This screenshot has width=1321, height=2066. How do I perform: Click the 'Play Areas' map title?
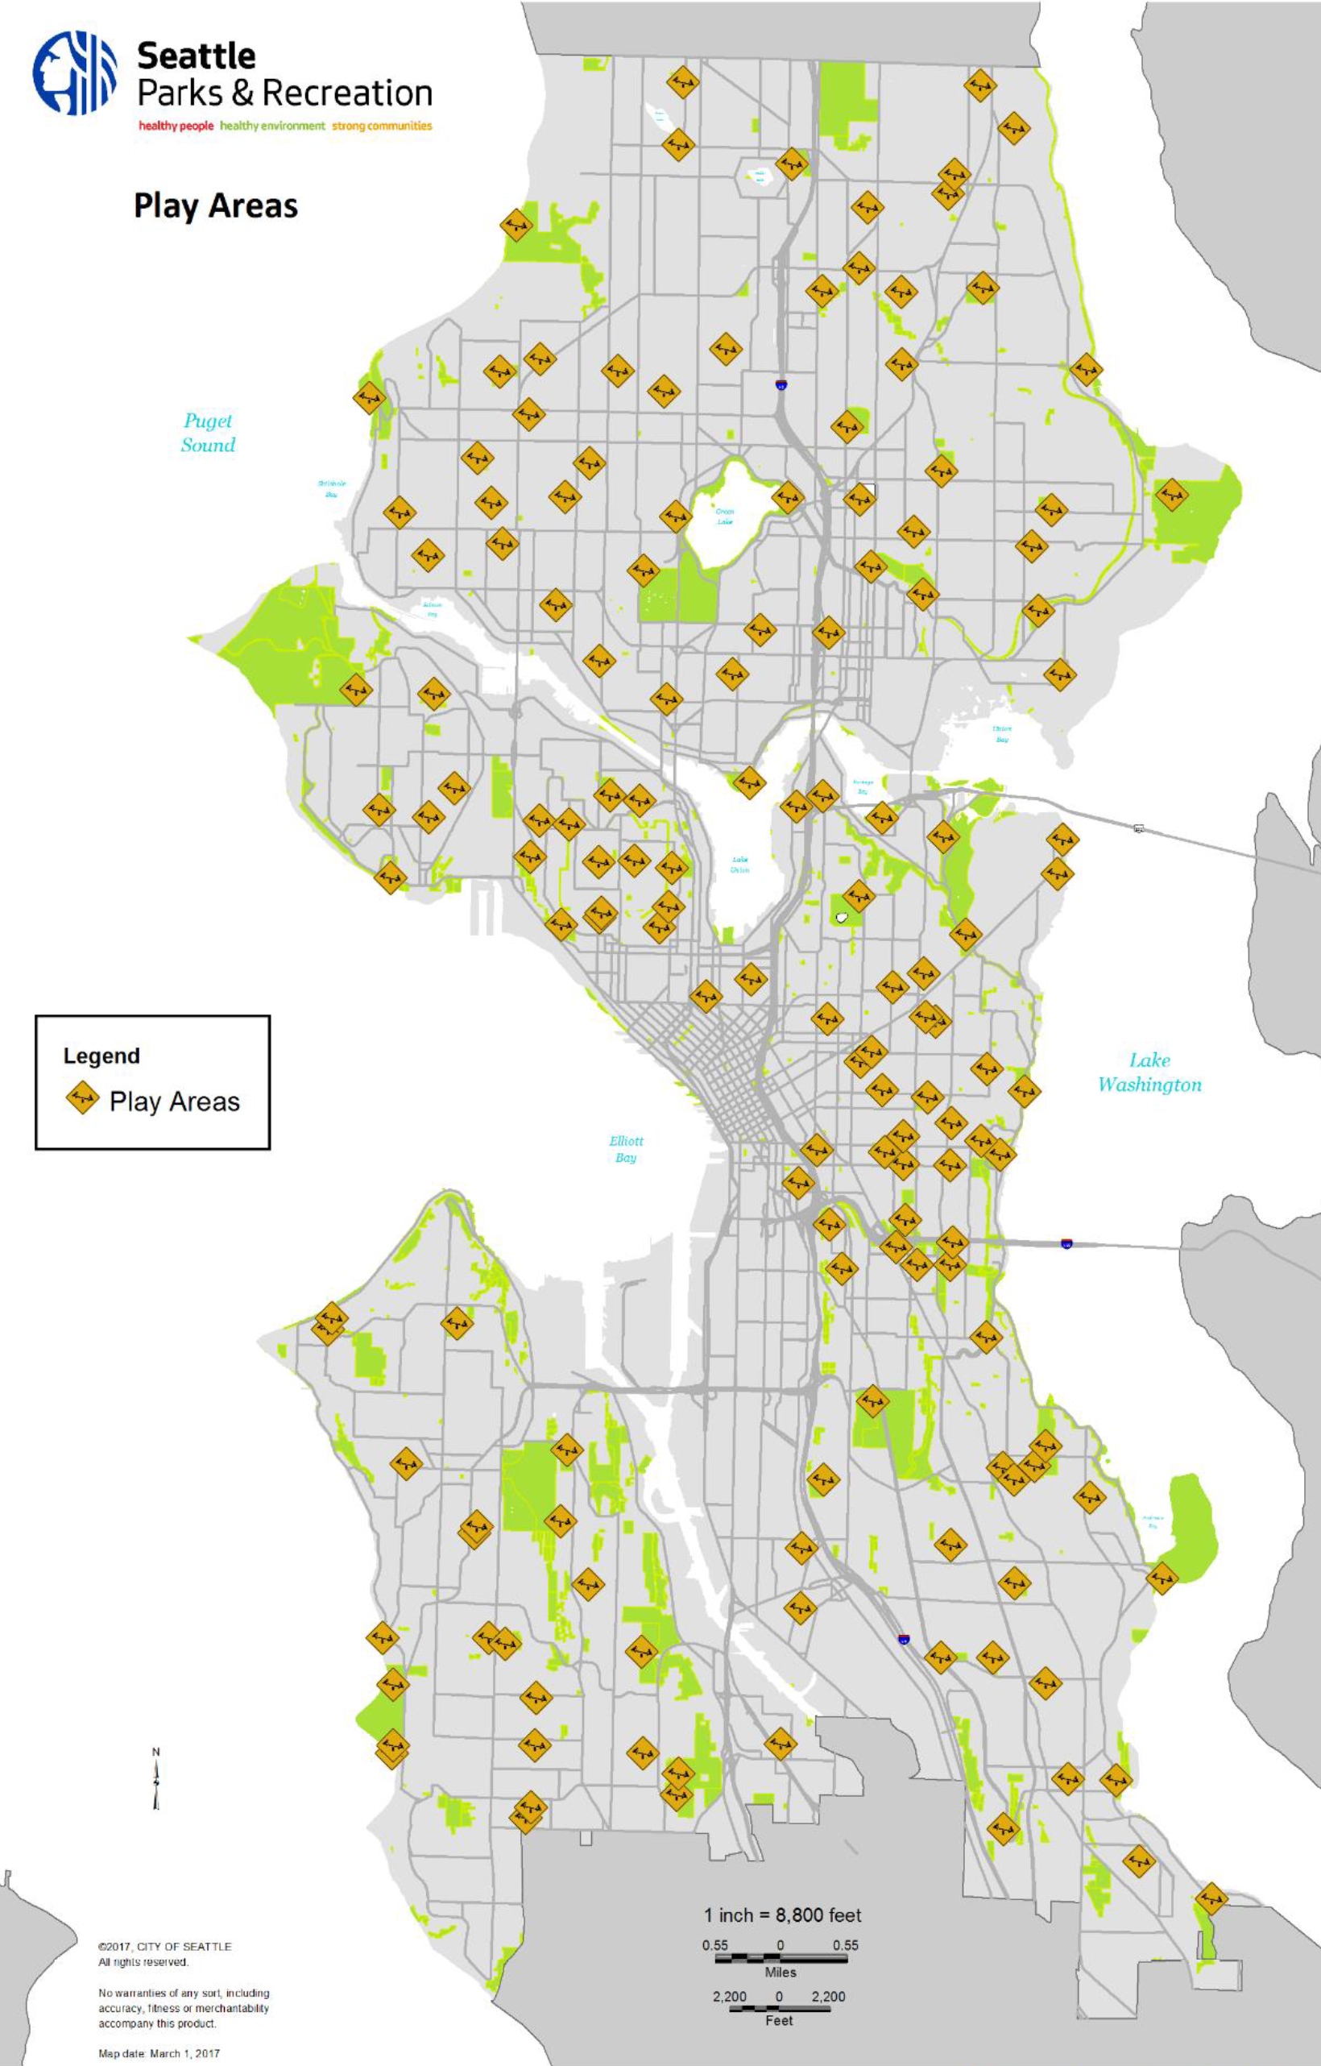point(215,207)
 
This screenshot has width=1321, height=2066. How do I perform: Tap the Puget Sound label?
point(208,433)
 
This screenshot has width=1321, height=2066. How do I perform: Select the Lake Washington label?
point(1149,1072)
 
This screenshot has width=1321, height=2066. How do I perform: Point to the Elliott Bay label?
point(625,1149)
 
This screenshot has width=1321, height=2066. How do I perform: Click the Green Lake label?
point(725,516)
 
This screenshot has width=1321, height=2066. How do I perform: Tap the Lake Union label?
point(739,864)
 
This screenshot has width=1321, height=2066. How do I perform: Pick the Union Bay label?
point(1002,733)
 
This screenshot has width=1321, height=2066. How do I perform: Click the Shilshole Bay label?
point(331,489)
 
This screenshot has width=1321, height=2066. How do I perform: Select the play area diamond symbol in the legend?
point(82,1098)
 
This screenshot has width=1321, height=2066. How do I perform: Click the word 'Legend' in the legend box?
point(101,1056)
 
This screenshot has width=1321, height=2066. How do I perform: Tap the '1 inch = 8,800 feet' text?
point(782,1915)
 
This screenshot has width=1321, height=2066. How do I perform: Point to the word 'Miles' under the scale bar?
point(781,1973)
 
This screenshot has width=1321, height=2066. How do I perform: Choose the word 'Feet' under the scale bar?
point(779,2021)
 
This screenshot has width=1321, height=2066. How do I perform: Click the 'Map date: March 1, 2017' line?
point(159,2053)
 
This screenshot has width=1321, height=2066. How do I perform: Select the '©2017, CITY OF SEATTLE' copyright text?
point(164,1947)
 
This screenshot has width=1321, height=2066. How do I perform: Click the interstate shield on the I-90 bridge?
point(1066,1243)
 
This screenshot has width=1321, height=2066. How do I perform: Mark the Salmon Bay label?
point(433,609)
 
